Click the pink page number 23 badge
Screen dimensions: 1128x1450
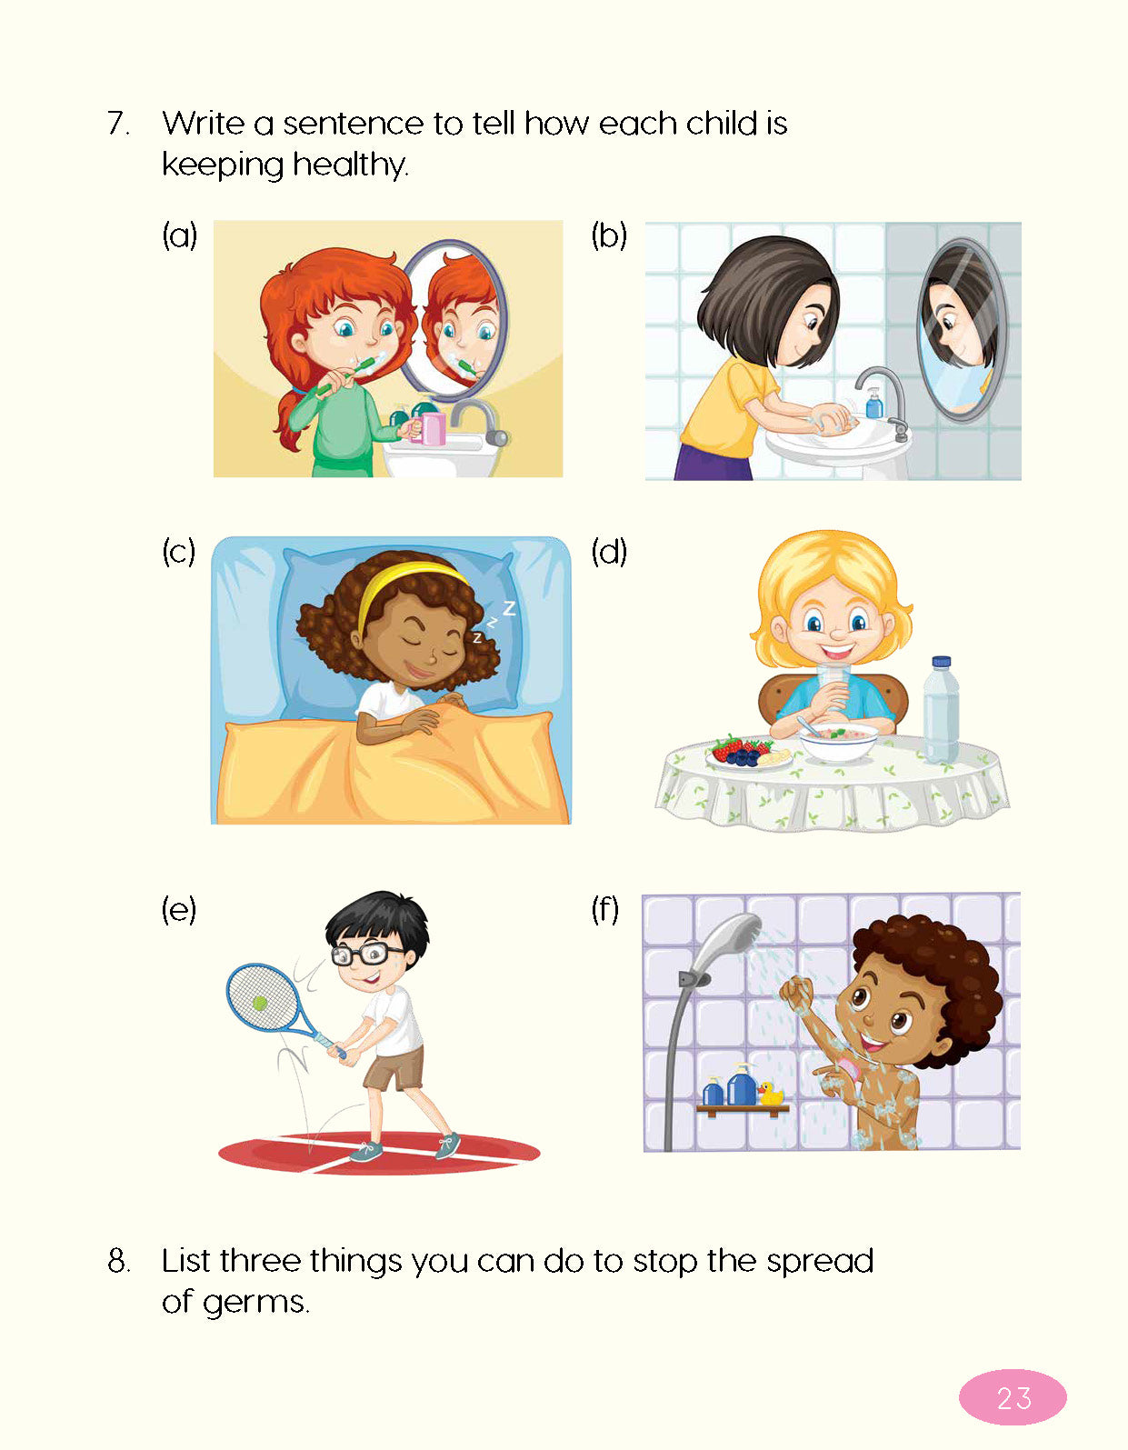coord(1012,1396)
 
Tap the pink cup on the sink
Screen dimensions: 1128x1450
coord(432,428)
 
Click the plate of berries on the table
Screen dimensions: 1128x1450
coord(748,754)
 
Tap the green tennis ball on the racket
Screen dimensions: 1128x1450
coord(259,1002)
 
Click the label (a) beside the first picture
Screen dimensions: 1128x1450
coord(179,235)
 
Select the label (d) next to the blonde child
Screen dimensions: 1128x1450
coord(609,552)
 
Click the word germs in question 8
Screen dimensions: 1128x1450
coord(255,1302)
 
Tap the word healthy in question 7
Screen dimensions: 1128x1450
coord(350,165)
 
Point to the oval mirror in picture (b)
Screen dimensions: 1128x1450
coord(962,329)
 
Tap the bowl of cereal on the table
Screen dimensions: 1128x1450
coord(838,741)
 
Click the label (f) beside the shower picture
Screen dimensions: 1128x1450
coord(605,909)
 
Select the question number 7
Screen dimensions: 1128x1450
coord(118,124)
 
